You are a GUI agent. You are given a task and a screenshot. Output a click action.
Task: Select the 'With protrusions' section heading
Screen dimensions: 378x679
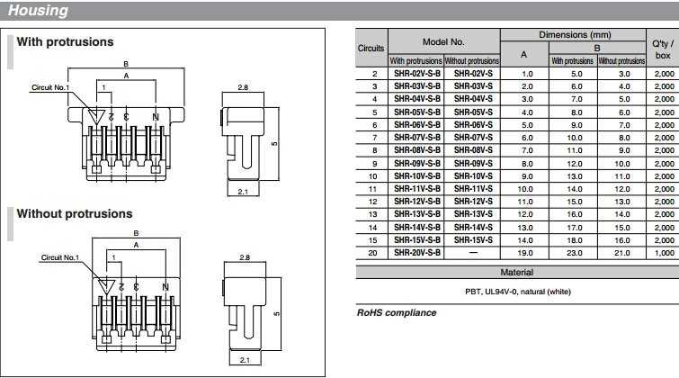pyautogui.click(x=66, y=42)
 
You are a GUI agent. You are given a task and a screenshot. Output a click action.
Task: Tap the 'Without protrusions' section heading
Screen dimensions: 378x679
pyautogui.click(x=75, y=214)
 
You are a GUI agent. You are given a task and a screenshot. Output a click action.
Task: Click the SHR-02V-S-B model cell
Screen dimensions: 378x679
pyautogui.click(x=416, y=73)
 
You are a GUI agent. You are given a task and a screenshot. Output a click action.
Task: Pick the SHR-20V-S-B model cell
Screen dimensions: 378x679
pyautogui.click(x=416, y=254)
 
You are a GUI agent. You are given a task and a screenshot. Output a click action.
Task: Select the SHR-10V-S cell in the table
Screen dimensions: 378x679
pyautogui.click(x=473, y=176)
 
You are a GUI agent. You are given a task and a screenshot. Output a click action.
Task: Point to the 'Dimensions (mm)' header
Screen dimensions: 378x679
pyautogui.click(x=574, y=34)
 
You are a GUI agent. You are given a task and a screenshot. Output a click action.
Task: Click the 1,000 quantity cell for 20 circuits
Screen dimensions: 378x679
pyautogui.click(x=664, y=254)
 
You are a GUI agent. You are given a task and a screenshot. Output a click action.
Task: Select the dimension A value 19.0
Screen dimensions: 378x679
pyautogui.click(x=527, y=254)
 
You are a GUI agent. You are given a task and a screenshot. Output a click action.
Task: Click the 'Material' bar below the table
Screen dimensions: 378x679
pyautogui.click(x=517, y=271)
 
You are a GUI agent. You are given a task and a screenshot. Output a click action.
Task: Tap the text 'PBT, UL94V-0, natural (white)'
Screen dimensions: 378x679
pyautogui.click(x=518, y=291)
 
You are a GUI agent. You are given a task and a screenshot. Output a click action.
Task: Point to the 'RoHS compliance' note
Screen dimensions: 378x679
pyautogui.click(x=397, y=312)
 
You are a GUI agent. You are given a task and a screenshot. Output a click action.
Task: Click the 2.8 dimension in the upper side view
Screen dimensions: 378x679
pyautogui.click(x=243, y=88)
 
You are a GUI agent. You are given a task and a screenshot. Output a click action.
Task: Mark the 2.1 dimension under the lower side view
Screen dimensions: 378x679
pyautogui.click(x=243, y=360)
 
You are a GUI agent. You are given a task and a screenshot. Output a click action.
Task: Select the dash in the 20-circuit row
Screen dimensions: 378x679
pyautogui.click(x=473, y=254)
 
